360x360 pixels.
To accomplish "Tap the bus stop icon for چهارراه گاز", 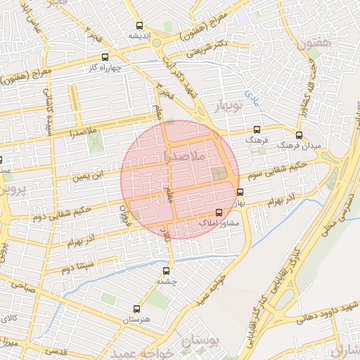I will (105, 57).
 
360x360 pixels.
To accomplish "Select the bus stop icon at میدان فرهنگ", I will (299, 134).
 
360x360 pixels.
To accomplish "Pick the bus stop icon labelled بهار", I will (240, 192).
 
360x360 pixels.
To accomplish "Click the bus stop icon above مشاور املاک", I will (219, 212).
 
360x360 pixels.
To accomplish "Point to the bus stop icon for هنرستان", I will (136, 308).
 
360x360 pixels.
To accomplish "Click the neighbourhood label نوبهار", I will (226, 108).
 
